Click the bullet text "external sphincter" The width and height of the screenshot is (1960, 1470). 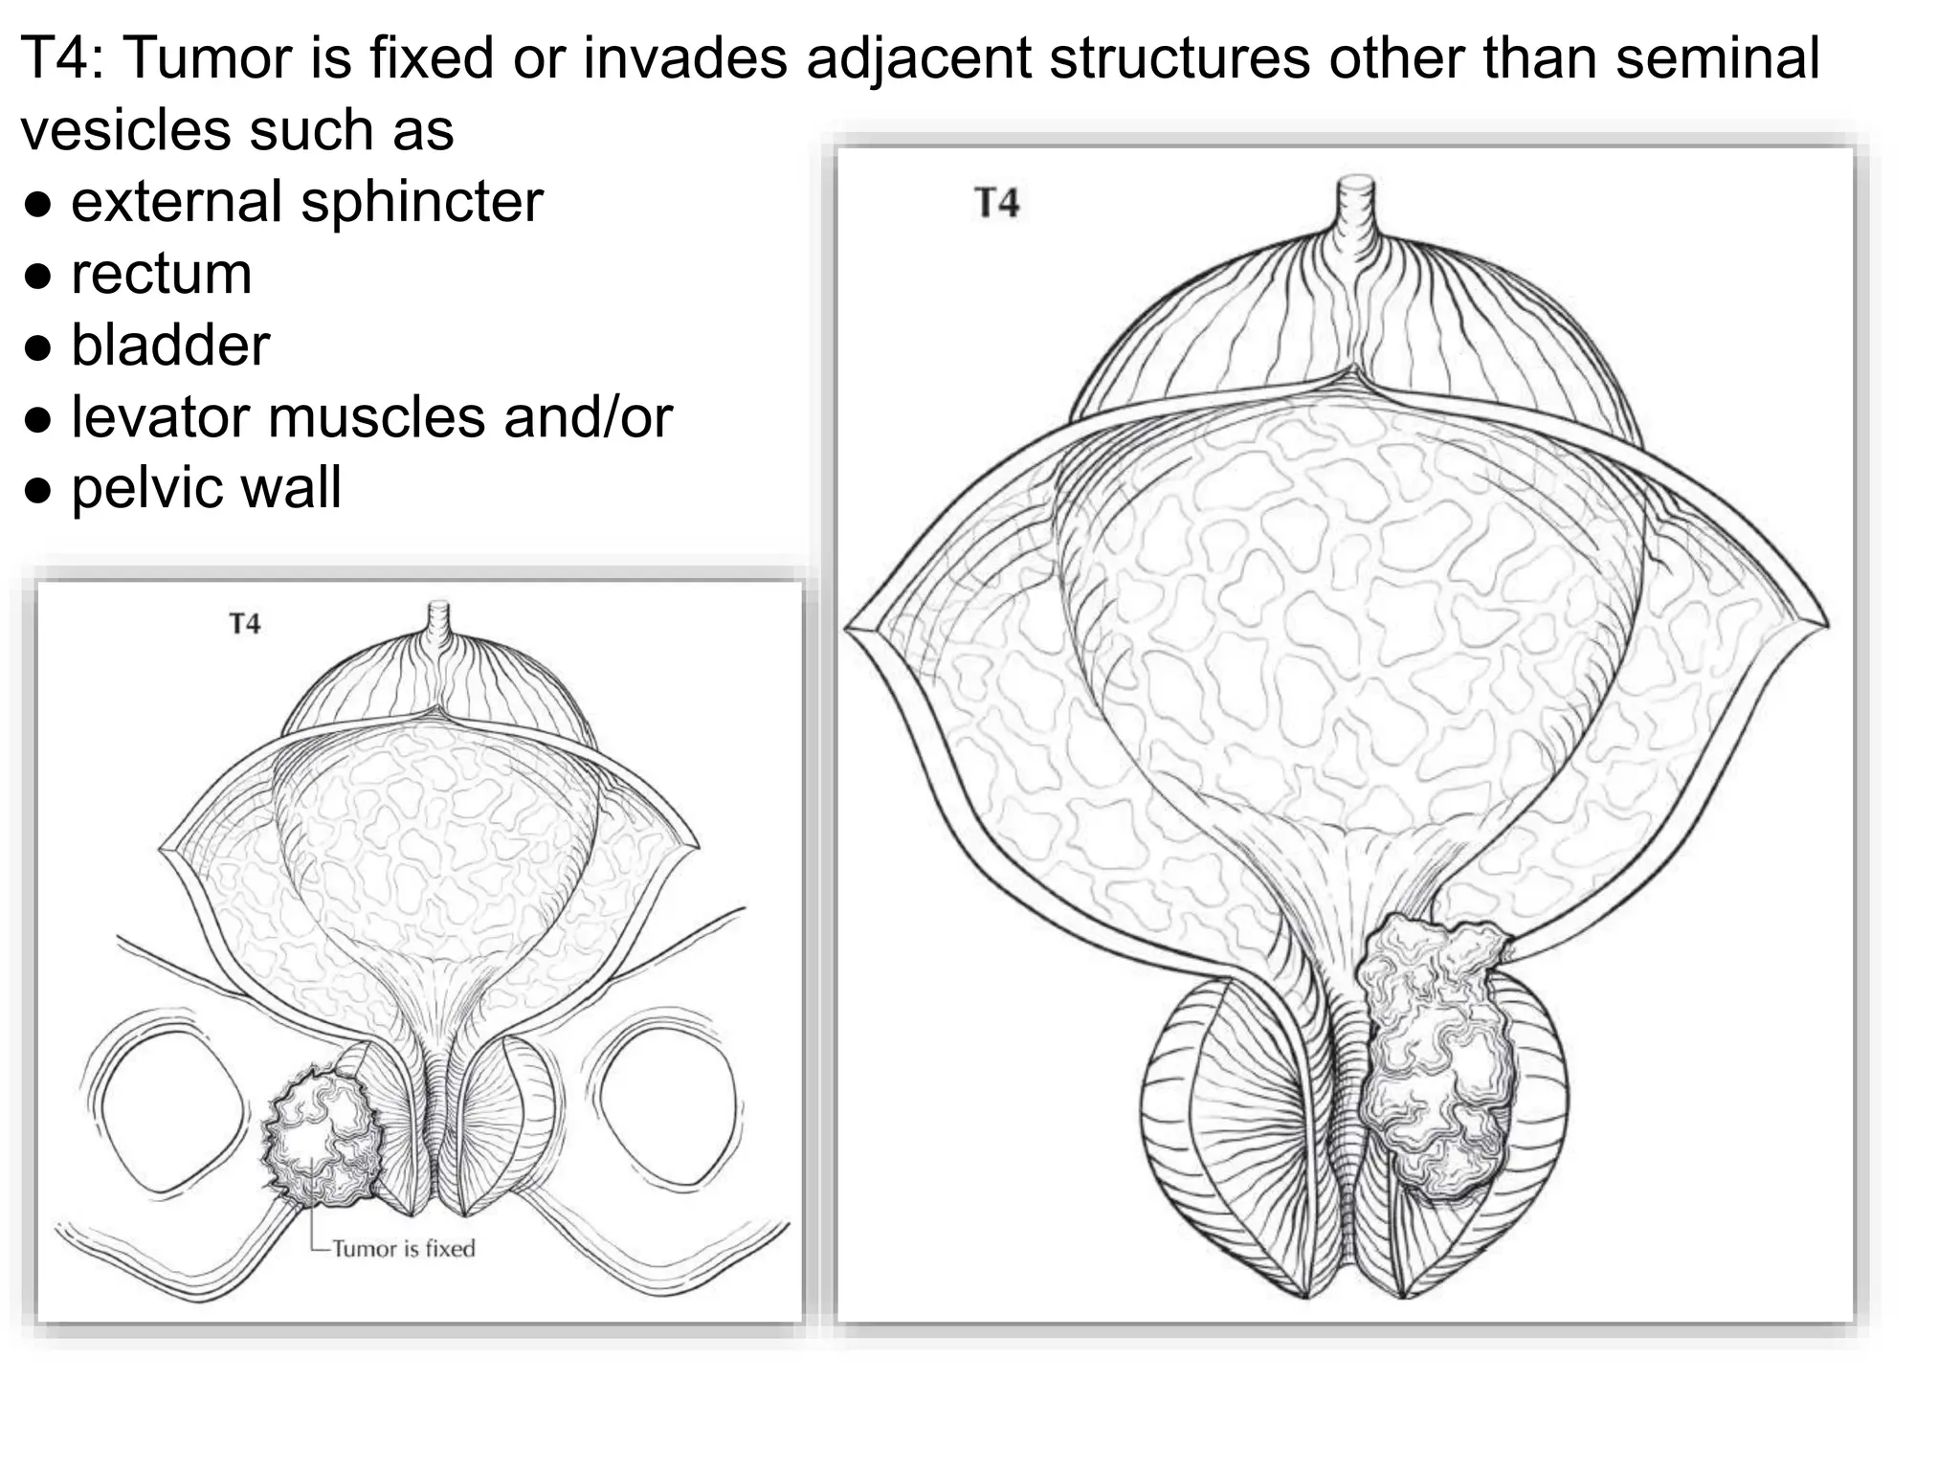pos(307,202)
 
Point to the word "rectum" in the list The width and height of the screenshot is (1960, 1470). pos(162,274)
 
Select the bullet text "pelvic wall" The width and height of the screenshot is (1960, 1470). pos(206,488)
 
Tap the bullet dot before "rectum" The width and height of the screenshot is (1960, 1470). pos(38,277)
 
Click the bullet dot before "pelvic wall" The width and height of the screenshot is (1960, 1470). pos(38,492)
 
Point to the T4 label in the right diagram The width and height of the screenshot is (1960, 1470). pos(997,203)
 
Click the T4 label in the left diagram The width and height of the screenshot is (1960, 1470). pos(245,624)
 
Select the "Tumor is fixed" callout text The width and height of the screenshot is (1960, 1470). pos(403,1248)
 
